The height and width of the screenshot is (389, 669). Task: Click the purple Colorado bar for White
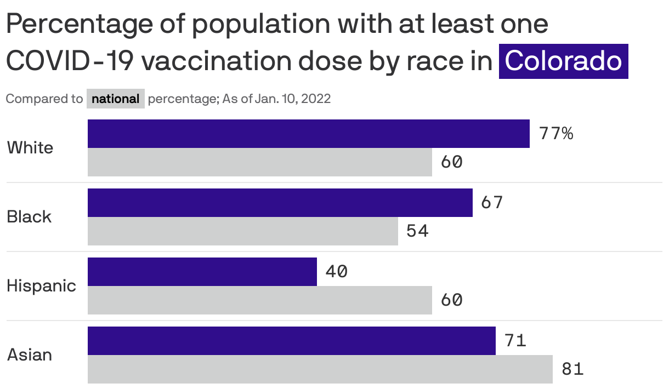(x=309, y=134)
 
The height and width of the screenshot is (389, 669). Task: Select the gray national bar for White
(x=260, y=162)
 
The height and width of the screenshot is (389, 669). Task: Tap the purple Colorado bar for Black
(x=280, y=203)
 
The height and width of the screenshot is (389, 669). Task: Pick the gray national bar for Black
(x=243, y=231)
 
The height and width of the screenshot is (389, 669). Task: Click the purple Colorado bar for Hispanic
(x=202, y=272)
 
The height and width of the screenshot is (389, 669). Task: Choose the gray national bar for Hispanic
(x=260, y=300)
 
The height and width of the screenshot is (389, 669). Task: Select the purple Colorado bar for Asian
(x=292, y=341)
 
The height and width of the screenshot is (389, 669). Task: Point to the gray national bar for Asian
(x=320, y=369)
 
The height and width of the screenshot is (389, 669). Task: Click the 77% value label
(x=556, y=134)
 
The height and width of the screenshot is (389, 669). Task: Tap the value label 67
(x=491, y=203)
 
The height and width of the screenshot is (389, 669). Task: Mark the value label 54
(x=417, y=231)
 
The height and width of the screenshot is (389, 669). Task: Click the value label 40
(x=336, y=272)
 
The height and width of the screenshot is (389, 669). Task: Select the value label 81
(x=572, y=369)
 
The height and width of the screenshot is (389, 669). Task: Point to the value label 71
(x=515, y=341)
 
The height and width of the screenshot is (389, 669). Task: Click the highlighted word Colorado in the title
(x=563, y=61)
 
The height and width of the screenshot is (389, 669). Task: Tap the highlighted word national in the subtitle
(x=116, y=99)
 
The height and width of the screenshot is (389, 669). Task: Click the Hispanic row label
(x=41, y=286)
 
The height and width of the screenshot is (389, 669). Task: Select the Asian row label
(x=30, y=355)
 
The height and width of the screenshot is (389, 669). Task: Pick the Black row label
(x=29, y=217)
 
